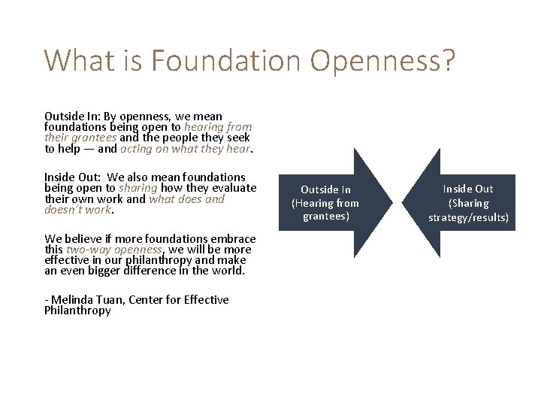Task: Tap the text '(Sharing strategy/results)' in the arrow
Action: click(468, 211)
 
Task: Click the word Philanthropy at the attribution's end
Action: click(77, 311)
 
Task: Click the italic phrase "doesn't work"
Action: click(77, 210)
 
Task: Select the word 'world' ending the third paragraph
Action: click(228, 271)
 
